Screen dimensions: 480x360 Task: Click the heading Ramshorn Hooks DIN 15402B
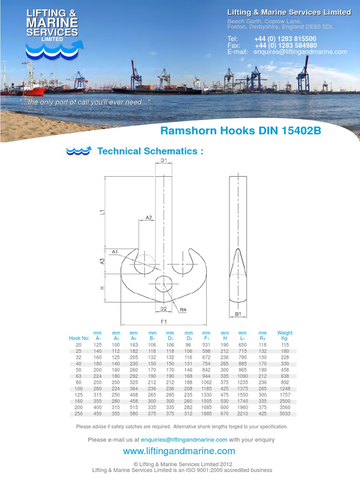(x=240, y=130)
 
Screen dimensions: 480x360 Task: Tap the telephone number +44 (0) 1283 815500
(x=285, y=39)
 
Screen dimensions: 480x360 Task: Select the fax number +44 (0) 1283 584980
(x=285, y=45)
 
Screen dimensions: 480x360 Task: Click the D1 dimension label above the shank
(x=163, y=161)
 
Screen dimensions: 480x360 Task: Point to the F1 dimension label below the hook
(x=164, y=322)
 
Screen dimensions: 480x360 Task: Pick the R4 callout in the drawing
(x=183, y=309)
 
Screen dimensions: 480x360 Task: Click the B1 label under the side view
(x=238, y=314)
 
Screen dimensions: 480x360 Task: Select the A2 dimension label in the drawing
(x=149, y=217)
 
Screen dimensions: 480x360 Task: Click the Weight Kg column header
(x=285, y=336)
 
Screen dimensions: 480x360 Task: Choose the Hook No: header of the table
(x=79, y=338)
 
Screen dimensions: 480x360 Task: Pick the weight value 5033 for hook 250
(x=285, y=414)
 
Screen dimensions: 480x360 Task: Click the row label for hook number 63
(x=79, y=375)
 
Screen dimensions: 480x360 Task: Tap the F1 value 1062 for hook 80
(x=207, y=382)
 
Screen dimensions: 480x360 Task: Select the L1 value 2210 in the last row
(x=242, y=414)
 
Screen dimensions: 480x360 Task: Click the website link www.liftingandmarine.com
(x=179, y=451)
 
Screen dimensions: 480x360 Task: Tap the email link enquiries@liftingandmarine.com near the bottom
(x=184, y=440)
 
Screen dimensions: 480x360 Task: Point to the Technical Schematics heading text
(x=150, y=151)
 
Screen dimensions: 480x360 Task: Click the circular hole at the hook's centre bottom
(x=163, y=285)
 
